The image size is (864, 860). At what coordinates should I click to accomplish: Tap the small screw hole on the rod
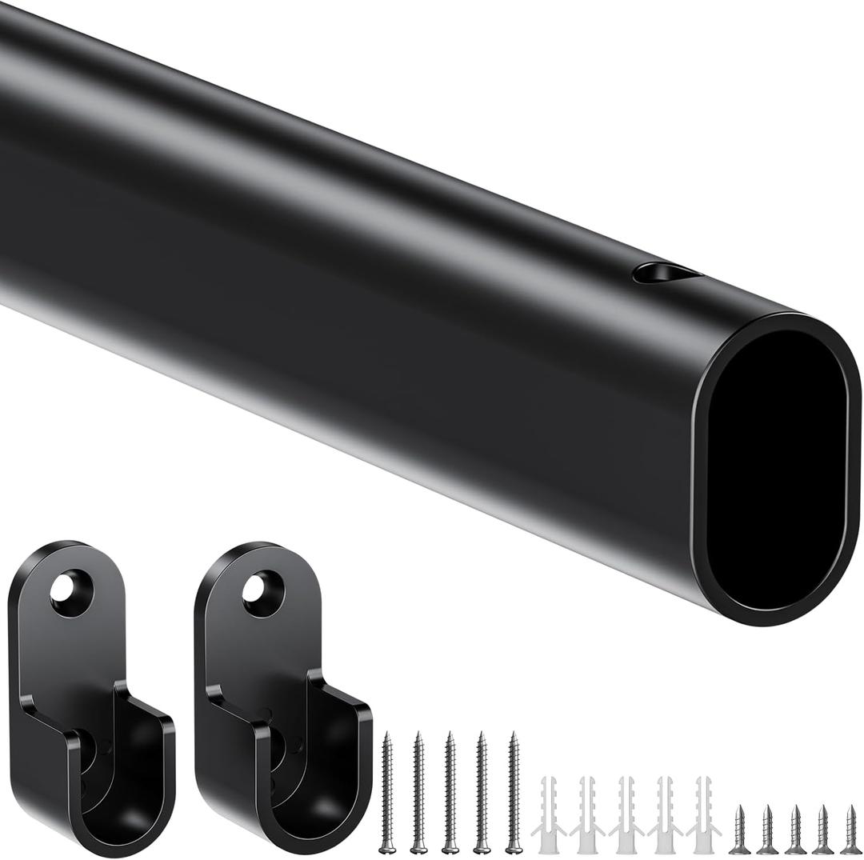click(666, 274)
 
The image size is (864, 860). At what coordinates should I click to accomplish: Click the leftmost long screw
click(387, 792)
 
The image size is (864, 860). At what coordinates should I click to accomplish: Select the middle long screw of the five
click(450, 792)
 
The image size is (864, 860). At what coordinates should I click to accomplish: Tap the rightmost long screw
click(514, 792)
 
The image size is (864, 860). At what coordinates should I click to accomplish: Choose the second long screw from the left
click(418, 792)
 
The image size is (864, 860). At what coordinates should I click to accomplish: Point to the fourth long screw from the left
click(482, 792)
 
